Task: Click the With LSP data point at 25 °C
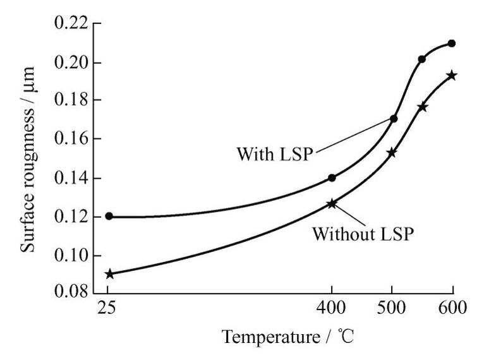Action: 109,216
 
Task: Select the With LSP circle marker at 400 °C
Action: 332,177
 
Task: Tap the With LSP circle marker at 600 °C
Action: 452,43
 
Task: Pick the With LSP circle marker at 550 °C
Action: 421,59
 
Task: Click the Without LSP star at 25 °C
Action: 109,274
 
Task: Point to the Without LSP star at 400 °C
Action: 332,203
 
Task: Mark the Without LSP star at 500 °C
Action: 392,152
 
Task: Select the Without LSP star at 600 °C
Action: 452,75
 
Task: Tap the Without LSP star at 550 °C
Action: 421,107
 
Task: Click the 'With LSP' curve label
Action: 274,153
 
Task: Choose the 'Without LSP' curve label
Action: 363,233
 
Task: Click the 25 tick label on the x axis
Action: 108,309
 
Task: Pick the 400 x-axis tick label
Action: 332,309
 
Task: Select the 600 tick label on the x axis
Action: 452,309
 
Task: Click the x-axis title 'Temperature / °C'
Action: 287,338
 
